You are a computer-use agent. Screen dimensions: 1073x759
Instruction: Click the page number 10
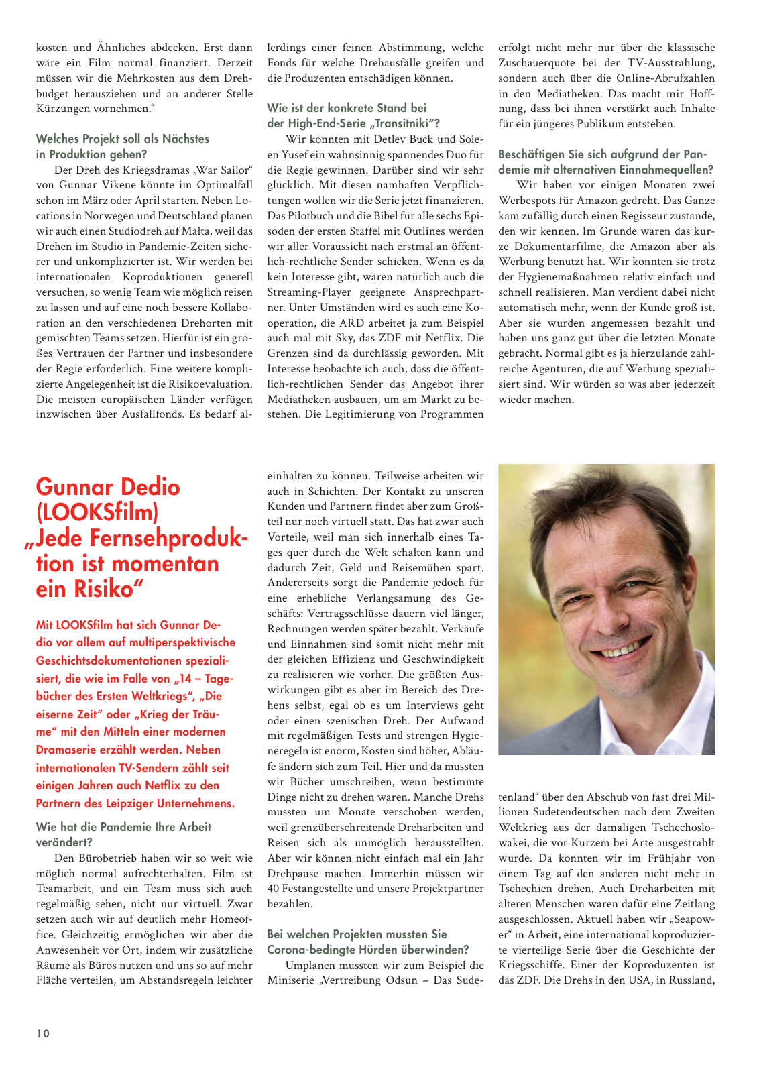pos(43,1033)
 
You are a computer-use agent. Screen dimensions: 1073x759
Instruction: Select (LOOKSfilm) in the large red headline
pos(97,512)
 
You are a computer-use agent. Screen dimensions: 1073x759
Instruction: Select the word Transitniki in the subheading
pos(404,123)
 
